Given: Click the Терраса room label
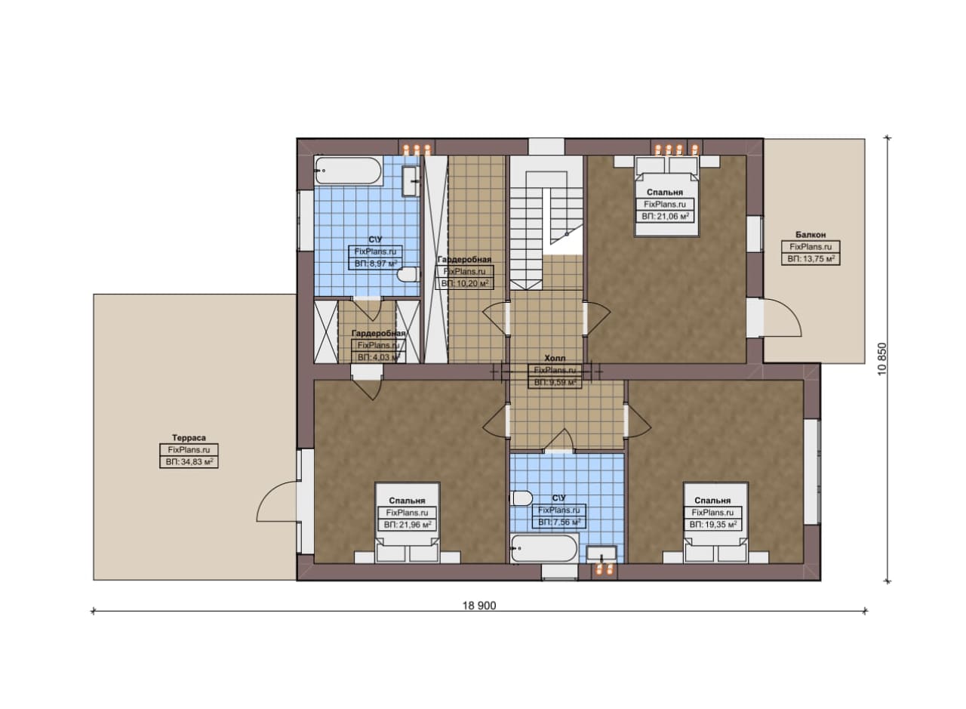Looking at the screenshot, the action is (189, 438).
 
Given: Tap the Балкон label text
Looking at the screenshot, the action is (811, 235).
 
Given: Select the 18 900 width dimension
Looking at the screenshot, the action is (479, 606).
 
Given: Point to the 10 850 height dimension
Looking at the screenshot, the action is (882, 359).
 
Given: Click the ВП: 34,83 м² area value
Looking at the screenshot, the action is (189, 462).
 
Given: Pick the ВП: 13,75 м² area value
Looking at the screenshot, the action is (811, 259).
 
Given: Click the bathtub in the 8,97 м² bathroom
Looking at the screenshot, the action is (348, 171).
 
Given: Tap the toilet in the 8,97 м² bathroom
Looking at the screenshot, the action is (408, 274).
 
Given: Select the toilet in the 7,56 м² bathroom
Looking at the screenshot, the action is (521, 498).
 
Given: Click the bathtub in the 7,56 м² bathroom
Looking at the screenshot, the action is (544, 548).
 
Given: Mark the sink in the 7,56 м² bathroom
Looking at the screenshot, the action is (601, 553).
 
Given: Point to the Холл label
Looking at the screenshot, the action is (555, 358).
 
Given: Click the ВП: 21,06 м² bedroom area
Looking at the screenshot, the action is (665, 216).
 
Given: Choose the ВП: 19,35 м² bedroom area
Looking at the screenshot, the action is (712, 525).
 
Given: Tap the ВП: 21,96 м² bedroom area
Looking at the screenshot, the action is (407, 525).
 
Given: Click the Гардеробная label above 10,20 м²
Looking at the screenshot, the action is (464, 259).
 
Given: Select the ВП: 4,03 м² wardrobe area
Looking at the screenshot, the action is (379, 357).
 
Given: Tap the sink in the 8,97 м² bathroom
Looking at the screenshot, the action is (411, 181).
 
